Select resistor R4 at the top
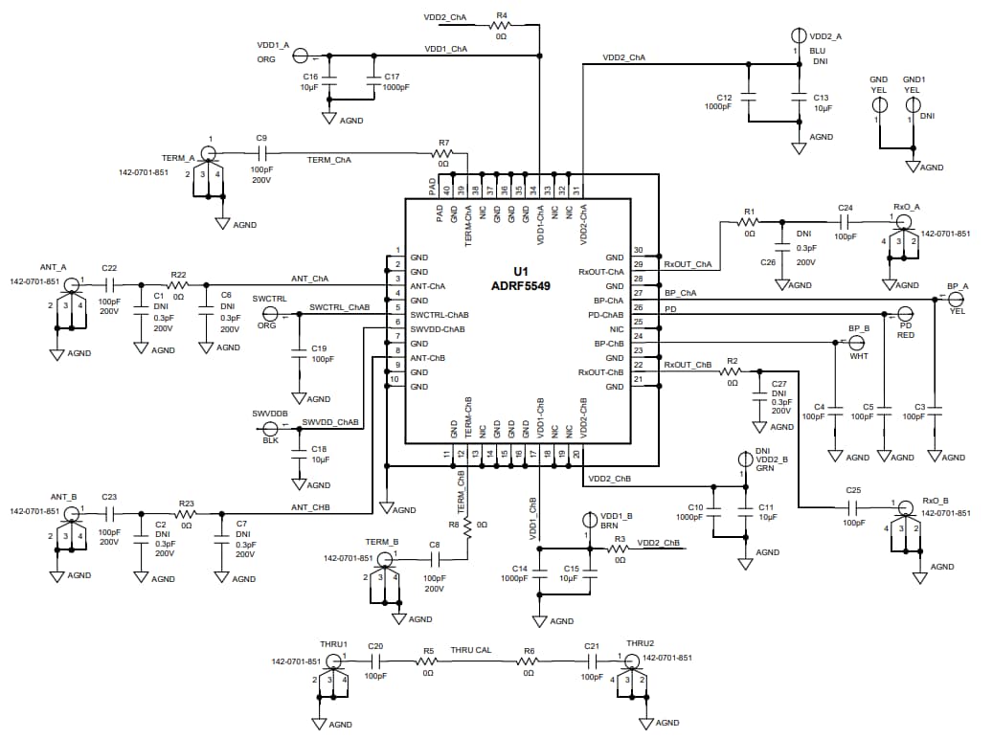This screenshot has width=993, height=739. pos(501,26)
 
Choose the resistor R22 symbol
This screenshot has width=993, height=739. pos(177,284)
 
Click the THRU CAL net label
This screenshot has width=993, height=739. pos(470,650)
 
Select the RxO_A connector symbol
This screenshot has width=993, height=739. pos(901,220)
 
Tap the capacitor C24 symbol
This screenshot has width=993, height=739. pos(845,220)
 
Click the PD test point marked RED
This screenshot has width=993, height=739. pos(905,314)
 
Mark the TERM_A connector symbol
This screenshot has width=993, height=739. pos(208,152)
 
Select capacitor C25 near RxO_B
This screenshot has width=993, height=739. pos(853,504)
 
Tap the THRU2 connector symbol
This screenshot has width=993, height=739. pos(631,661)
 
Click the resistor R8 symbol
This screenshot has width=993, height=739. pos(468,526)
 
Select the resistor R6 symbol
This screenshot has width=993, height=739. pos(529,661)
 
